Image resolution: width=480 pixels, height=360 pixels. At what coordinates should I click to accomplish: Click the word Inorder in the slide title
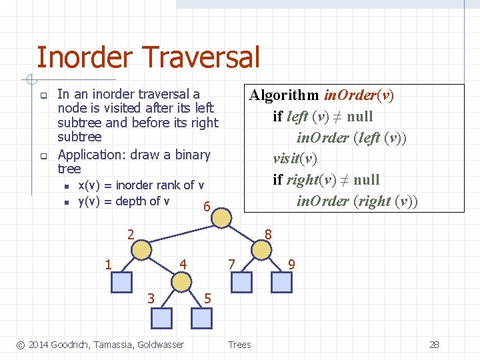[x=84, y=57]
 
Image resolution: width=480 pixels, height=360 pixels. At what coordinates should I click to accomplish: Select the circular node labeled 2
[x=141, y=249]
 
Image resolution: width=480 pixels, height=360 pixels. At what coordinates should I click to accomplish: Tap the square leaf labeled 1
[x=121, y=283]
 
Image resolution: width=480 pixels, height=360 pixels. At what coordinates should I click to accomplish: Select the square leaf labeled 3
[x=161, y=318]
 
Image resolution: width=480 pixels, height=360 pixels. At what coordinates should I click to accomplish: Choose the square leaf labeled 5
[x=201, y=318]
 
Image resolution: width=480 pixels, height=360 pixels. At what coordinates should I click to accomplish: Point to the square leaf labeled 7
[x=241, y=283]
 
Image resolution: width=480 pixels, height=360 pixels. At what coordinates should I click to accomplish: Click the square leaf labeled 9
[x=281, y=283]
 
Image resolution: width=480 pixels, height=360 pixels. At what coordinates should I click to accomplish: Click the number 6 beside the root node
[x=207, y=208]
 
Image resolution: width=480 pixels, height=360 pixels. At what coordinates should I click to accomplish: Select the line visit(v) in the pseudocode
[x=295, y=159]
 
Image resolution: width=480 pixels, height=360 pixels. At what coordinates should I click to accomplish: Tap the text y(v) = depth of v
[x=124, y=201]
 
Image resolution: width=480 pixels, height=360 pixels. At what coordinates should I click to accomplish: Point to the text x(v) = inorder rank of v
[x=141, y=185]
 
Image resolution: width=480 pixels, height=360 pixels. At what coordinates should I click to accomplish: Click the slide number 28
[x=434, y=345]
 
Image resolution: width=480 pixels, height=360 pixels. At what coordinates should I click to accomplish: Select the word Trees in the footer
[x=239, y=345]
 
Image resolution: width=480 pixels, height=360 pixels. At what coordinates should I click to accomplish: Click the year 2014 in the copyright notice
[x=38, y=345]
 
